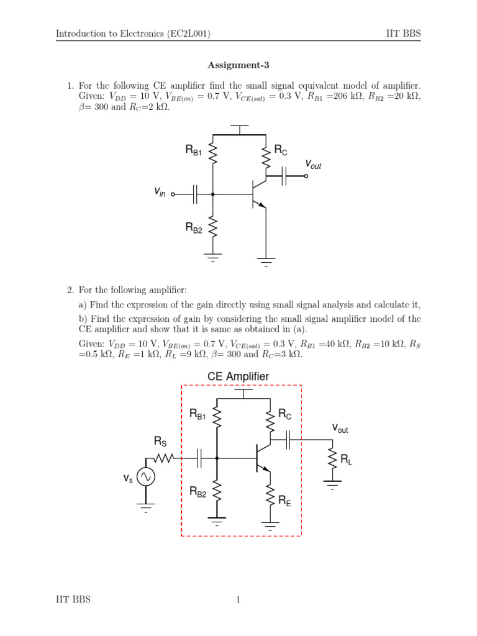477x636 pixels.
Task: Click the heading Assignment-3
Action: coord(238,65)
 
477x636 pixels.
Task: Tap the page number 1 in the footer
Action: coord(238,599)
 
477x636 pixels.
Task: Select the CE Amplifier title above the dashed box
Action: coord(238,376)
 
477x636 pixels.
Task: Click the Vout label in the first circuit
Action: coord(313,165)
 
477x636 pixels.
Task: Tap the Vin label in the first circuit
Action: coord(160,193)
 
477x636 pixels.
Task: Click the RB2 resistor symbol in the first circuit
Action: coord(213,227)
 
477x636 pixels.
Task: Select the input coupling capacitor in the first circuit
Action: coord(195,194)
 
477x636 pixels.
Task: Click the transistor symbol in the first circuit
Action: coord(258,193)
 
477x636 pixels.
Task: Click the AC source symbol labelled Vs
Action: coord(146,477)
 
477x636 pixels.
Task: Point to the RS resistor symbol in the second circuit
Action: coord(163,459)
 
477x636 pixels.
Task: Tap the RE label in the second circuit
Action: coord(284,499)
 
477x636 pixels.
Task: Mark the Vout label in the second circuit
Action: coord(340,429)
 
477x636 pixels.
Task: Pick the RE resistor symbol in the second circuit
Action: coord(271,494)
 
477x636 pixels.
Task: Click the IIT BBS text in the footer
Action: coord(73,599)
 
